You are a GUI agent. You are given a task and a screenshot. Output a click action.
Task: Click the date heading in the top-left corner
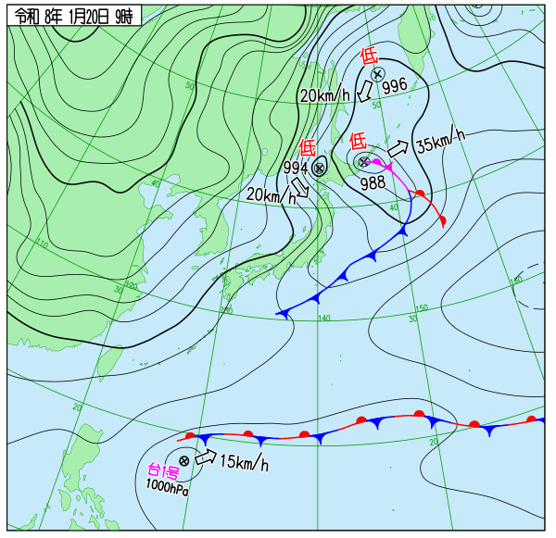click(75, 16)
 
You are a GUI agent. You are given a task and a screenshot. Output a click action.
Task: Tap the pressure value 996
click(394, 86)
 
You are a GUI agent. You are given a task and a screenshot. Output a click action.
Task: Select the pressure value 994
click(296, 168)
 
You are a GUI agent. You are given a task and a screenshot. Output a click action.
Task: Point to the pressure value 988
click(373, 181)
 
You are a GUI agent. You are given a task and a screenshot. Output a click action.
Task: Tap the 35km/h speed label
click(439, 143)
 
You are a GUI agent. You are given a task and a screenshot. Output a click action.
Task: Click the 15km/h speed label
click(244, 462)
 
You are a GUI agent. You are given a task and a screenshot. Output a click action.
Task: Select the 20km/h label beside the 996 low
click(324, 95)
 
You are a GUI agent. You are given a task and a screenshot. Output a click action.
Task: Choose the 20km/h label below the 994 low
click(271, 194)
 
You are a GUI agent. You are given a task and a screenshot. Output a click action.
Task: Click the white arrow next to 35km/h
click(398, 147)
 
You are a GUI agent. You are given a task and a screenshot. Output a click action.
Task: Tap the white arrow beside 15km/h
click(206, 457)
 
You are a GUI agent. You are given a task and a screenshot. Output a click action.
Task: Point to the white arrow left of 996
click(365, 90)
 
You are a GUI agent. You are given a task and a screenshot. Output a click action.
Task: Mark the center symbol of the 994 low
click(319, 168)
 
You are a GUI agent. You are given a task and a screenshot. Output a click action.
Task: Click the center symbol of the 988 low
click(363, 162)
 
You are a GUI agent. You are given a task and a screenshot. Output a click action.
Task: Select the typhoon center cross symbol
click(184, 460)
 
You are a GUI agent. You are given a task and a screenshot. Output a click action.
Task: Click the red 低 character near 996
click(368, 56)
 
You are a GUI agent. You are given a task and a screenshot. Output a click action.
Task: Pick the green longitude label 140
click(323, 318)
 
